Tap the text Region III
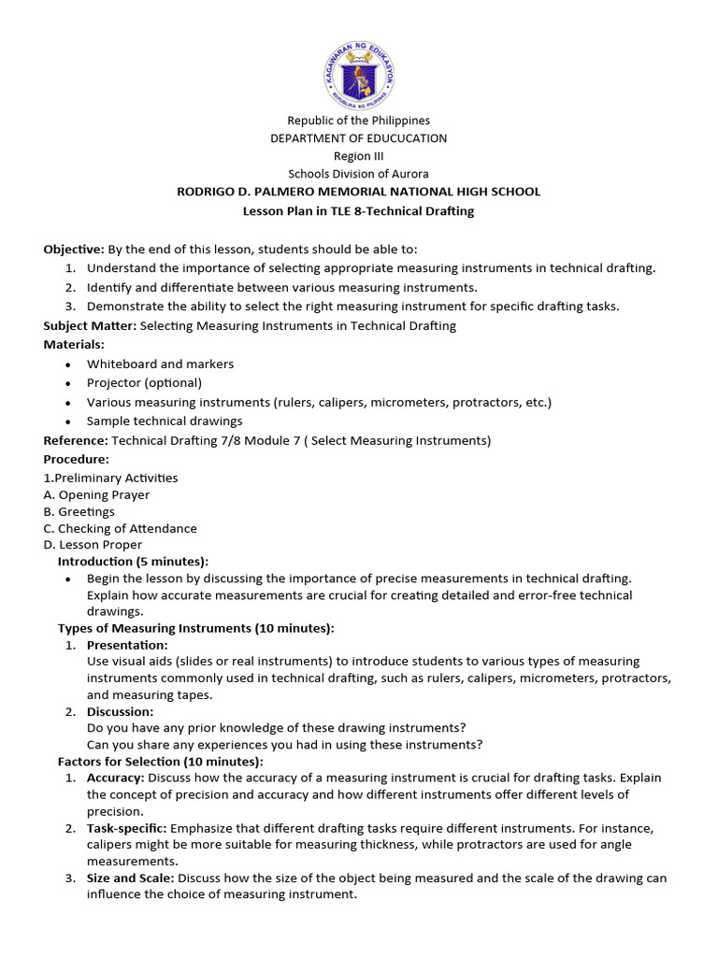point(359,156)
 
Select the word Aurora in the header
point(411,174)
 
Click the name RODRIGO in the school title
point(210,192)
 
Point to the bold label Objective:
point(74,250)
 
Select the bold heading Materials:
point(74,345)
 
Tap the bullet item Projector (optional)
point(144,383)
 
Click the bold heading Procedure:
point(77,460)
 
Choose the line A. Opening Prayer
point(96,495)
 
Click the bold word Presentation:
point(127,646)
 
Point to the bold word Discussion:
point(120,712)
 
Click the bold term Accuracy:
point(115,778)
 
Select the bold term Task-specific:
point(127,829)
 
